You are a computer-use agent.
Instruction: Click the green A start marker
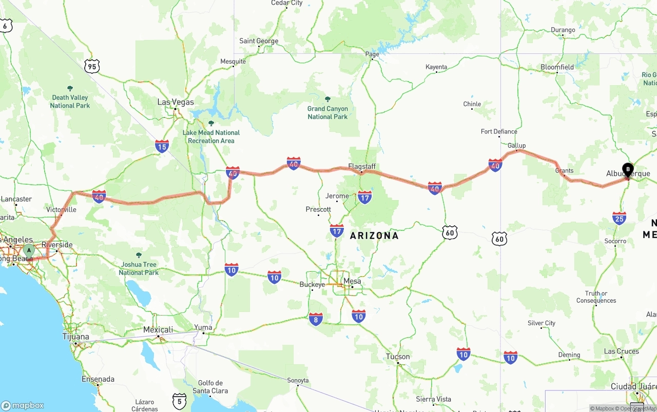tap(29, 251)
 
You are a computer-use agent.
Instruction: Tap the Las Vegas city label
tap(176, 102)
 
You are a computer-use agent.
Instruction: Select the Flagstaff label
tap(362, 167)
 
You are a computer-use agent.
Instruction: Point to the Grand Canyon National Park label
tap(327, 112)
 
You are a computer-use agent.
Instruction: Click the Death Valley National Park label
tap(70, 101)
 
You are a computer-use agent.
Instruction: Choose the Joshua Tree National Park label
tap(139, 268)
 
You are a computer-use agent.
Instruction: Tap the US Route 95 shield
tap(92, 66)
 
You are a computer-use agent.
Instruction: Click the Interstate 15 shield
tap(162, 146)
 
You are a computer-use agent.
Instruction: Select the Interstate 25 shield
tap(619, 218)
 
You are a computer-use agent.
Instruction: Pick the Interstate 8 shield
tap(316, 319)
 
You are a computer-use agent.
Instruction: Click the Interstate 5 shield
tap(179, 401)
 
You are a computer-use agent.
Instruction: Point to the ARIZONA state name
tap(374, 236)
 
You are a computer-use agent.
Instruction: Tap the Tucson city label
tap(398, 357)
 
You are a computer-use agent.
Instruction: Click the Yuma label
tap(203, 327)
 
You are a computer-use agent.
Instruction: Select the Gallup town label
tap(516, 146)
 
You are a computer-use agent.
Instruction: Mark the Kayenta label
tap(436, 67)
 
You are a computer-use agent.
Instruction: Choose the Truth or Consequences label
tap(596, 297)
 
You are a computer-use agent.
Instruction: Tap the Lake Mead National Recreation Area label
tap(211, 136)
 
